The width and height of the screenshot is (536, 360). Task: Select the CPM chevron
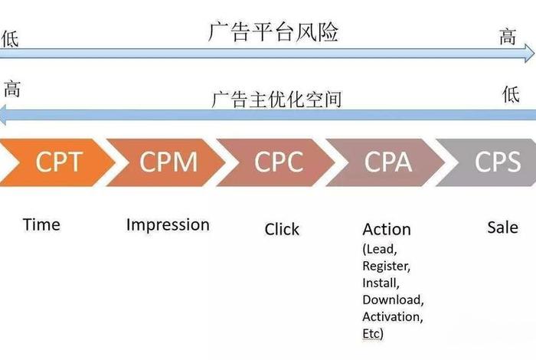[x=168, y=162]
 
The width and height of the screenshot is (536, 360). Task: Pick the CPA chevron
[x=388, y=162]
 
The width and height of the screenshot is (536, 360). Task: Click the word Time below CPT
[x=41, y=224]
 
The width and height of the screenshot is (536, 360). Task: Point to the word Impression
[x=168, y=224]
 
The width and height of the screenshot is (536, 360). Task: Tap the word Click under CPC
[x=282, y=229]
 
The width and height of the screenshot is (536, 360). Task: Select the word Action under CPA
[x=387, y=229]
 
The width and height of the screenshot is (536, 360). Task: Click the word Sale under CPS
[x=502, y=227]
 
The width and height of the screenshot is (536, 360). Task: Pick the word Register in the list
[x=387, y=266]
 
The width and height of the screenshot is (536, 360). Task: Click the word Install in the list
[x=381, y=283]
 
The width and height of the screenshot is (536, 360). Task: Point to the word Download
[x=393, y=299]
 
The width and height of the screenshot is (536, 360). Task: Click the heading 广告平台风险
[x=273, y=32]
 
